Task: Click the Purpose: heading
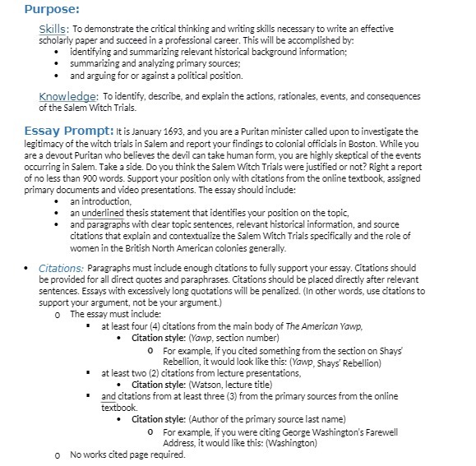52,9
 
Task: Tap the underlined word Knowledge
68,97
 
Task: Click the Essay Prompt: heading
68,131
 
